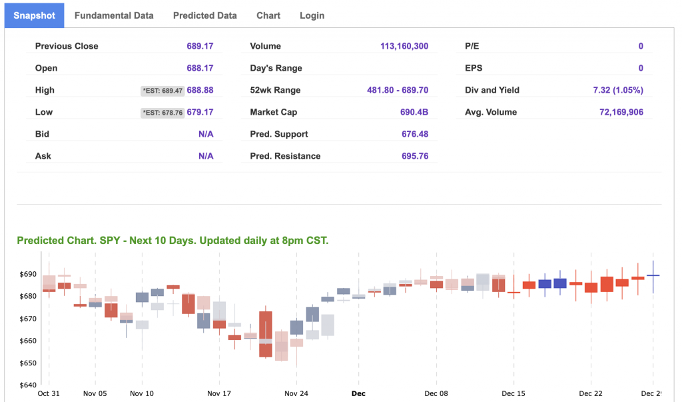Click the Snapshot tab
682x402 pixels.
[x=35, y=15]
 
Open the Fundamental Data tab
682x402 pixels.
[x=114, y=15]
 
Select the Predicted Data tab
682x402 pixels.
[x=204, y=15]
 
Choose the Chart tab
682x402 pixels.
[x=268, y=15]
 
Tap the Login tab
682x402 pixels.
[x=312, y=15]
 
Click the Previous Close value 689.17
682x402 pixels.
[x=200, y=46]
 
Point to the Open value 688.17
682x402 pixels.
[x=200, y=68]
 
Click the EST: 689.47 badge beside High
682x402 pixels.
[x=163, y=91]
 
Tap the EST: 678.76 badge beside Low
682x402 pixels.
[x=163, y=113]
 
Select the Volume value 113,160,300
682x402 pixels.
[x=404, y=46]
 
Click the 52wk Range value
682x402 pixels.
[x=398, y=90]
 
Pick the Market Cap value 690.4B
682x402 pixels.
[x=414, y=112]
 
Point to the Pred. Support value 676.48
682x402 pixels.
[x=415, y=134]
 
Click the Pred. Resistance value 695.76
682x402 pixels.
[x=415, y=156]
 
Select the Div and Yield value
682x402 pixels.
[x=618, y=90]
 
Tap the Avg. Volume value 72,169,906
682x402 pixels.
[x=621, y=112]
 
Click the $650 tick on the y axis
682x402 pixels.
[x=28, y=363]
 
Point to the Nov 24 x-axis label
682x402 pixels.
[x=296, y=393]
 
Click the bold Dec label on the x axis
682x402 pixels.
[x=358, y=393]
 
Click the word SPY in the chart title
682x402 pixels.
[x=111, y=241]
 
